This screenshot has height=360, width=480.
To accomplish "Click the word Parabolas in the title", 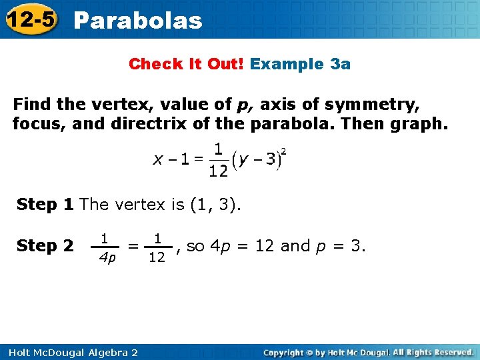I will pyautogui.click(x=137, y=21).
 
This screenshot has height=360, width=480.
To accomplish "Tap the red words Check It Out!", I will pyautogui.click(x=187, y=64).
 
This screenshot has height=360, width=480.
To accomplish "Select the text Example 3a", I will pyautogui.click(x=301, y=64).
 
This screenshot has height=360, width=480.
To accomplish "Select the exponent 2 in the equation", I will pyautogui.click(x=284, y=151).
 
